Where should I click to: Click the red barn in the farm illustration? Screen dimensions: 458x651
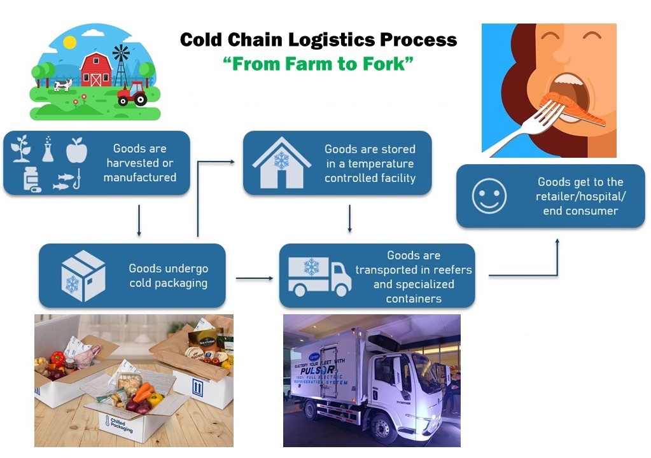pos(95,70)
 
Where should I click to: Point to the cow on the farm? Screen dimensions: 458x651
pos(63,85)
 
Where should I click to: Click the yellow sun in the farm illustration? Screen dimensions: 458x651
pos(69,43)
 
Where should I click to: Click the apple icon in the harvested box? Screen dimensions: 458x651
pos(75,149)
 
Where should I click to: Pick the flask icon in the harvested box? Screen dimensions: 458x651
pos(48,148)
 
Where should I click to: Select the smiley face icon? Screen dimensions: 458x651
pos(489,196)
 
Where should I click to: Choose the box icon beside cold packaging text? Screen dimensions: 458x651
pos(83,275)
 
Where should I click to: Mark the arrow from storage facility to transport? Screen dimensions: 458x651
pos(349,219)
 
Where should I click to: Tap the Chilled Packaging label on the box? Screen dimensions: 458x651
pos(120,424)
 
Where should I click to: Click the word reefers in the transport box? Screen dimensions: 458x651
pos(450,270)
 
